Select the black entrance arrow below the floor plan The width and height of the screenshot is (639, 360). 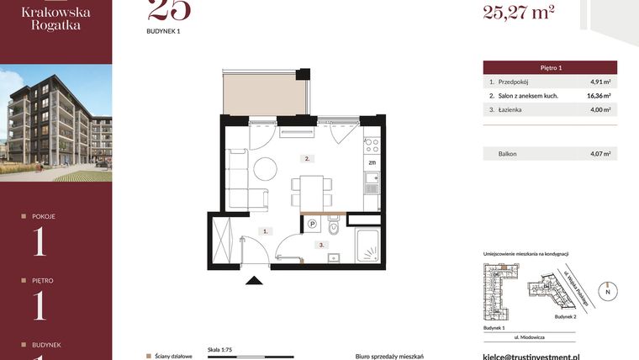251,282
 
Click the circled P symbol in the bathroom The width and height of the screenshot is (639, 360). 312,224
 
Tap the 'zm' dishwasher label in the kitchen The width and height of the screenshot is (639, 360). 371,161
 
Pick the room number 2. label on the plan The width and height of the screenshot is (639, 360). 308,158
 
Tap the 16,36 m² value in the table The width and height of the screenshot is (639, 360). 599,96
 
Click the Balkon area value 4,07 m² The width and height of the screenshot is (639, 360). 599,154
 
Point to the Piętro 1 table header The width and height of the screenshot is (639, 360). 550,66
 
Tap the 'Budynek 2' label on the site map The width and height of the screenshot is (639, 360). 565,318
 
